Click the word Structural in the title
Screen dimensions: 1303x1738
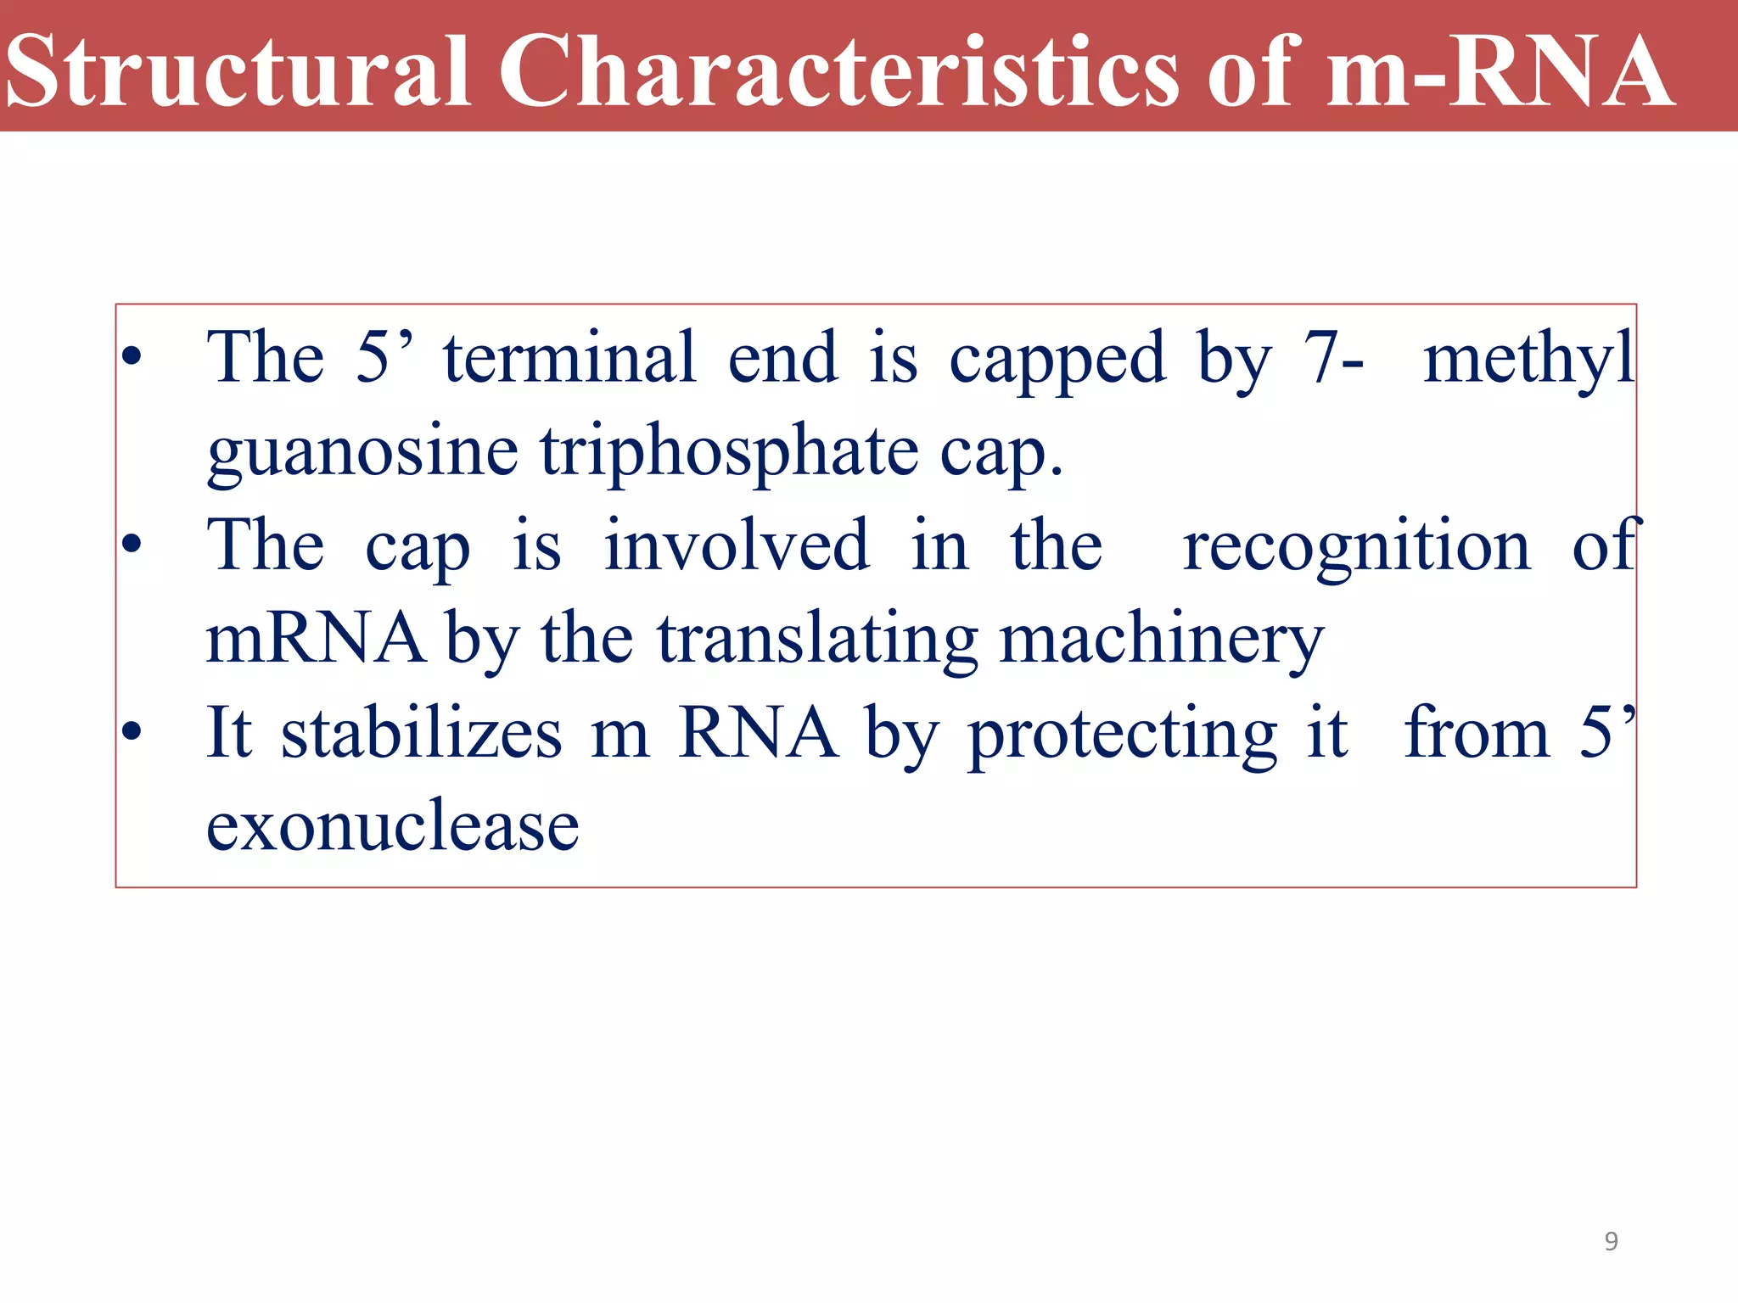(238, 72)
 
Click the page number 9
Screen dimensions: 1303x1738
(1611, 1242)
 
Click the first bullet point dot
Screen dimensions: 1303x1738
(131, 357)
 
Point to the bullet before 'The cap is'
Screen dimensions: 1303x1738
(131, 545)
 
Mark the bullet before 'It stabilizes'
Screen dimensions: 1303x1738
(131, 731)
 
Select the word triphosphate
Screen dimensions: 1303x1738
(730, 452)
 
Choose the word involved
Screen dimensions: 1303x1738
(737, 545)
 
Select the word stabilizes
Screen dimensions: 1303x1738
(421, 733)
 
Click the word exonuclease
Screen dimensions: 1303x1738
(393, 826)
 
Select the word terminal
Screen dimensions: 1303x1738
(569, 358)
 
